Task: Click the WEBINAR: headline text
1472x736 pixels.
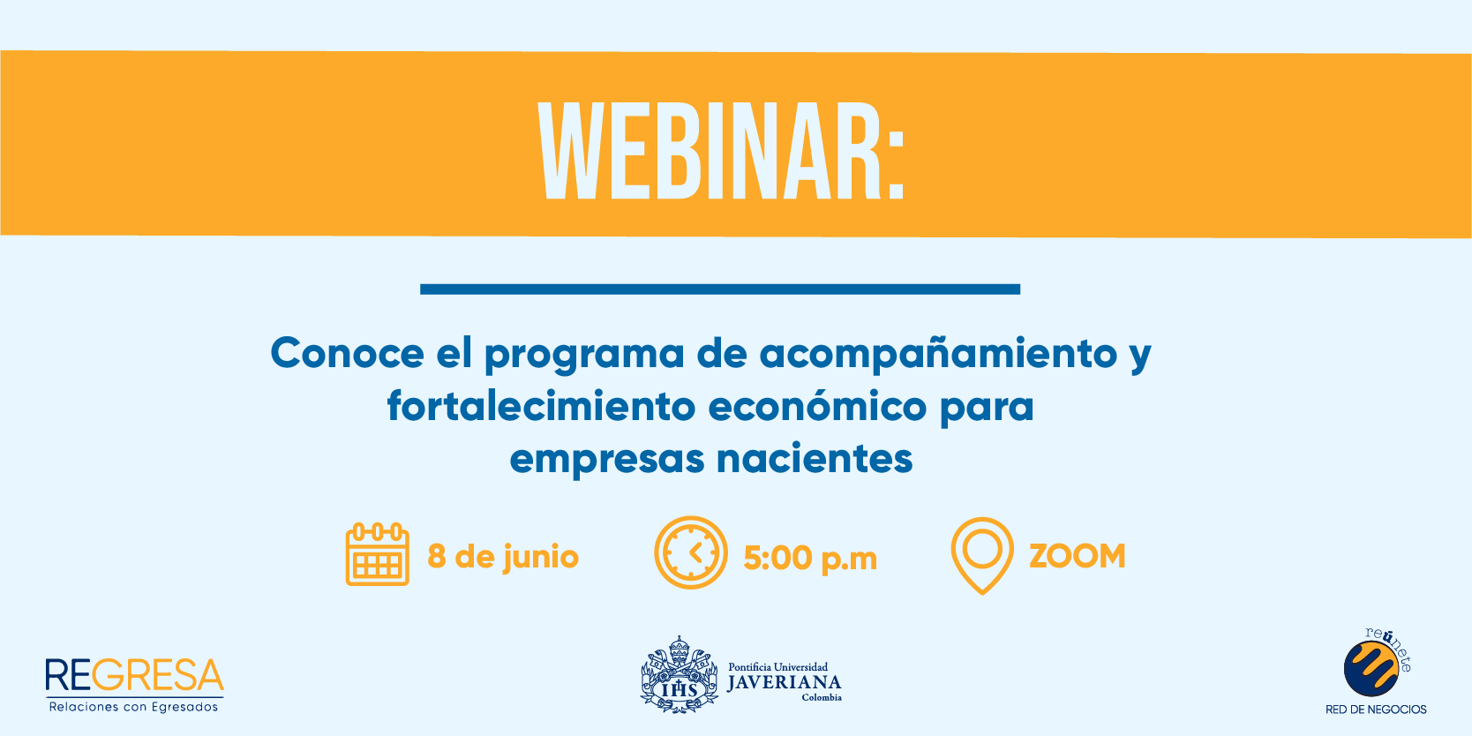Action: coord(722,151)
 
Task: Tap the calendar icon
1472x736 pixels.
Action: coord(377,554)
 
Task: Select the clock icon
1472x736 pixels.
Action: coord(691,552)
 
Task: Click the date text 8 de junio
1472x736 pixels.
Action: coord(503,557)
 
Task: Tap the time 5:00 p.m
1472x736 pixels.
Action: coord(809,559)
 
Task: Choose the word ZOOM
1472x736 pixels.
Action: coord(1077,556)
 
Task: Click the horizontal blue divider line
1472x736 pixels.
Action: coord(719,289)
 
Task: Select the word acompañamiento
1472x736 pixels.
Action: coord(938,353)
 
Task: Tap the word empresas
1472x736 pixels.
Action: coord(607,460)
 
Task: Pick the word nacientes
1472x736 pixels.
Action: coord(815,458)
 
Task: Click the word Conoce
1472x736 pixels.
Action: coord(347,353)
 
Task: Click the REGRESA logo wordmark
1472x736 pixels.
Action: coord(134,675)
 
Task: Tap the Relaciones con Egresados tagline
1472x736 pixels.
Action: coord(133,707)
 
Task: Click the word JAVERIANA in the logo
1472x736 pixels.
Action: coord(784,683)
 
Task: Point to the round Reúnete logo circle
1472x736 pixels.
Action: coord(1371,669)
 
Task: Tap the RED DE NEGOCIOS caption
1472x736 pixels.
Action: coord(1376,710)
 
